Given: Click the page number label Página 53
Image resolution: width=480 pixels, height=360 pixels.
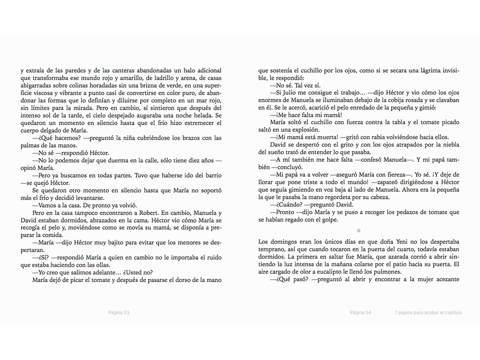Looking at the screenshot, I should click(119, 313).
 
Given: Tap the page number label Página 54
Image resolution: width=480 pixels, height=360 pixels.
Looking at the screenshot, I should click(360, 313).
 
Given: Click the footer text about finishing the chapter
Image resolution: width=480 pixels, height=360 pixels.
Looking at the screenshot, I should click(428, 313).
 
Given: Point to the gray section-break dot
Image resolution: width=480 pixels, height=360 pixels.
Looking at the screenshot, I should click(359, 231).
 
